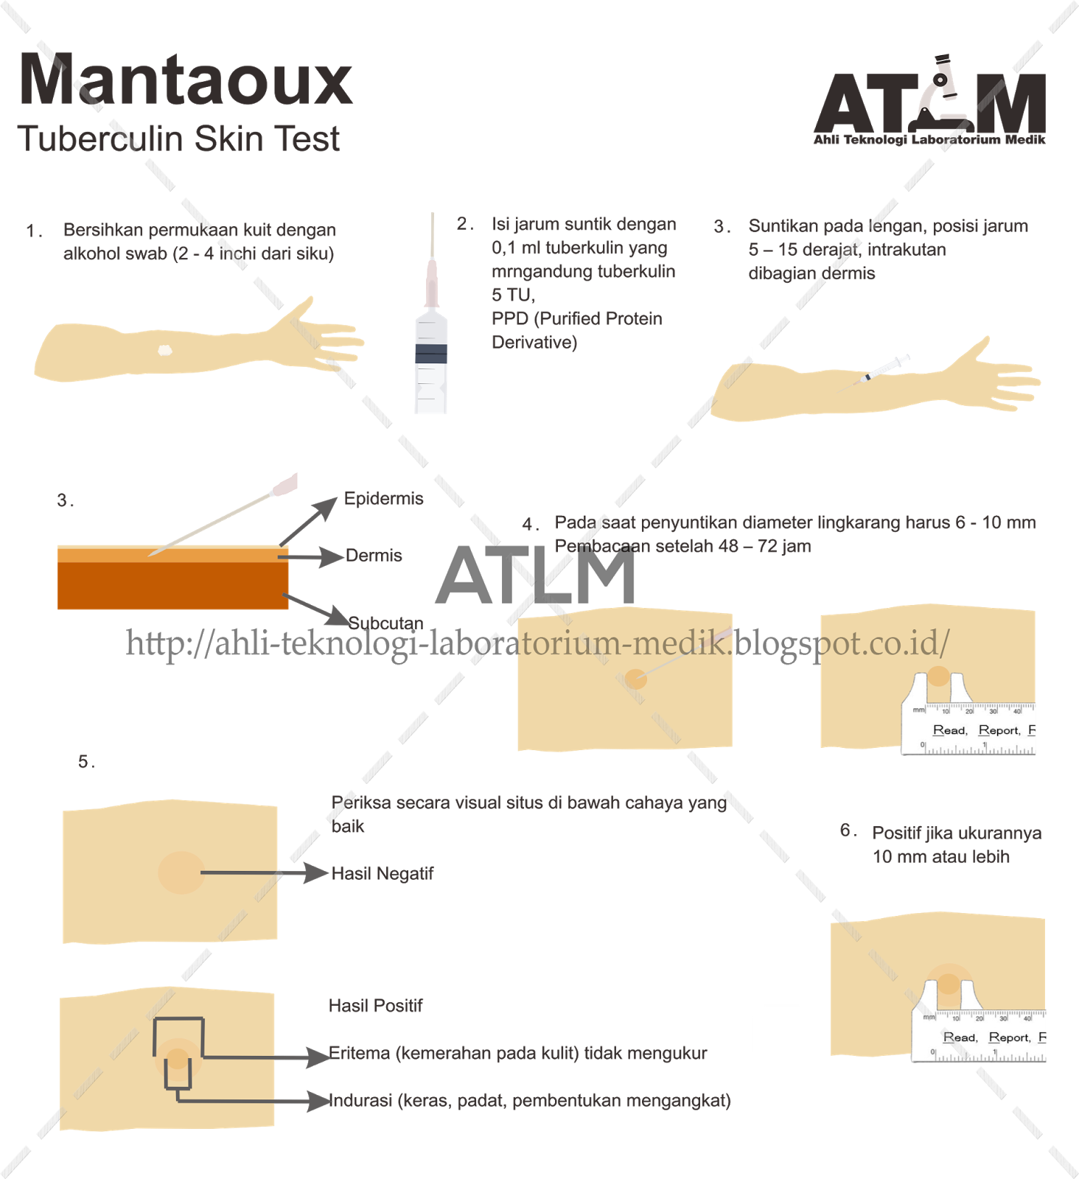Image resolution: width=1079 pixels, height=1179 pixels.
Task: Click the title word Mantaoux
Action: point(186,80)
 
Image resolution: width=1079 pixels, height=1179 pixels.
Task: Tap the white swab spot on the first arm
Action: point(165,351)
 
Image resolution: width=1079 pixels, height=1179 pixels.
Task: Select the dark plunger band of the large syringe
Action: point(431,353)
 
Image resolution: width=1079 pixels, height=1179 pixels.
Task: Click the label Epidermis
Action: point(383,499)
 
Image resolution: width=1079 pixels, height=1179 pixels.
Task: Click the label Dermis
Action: point(374,556)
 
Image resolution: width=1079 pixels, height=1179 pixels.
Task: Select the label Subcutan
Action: point(385,623)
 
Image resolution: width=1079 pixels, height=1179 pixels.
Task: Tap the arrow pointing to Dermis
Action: point(311,556)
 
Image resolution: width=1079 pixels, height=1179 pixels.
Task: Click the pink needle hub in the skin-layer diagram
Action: point(285,484)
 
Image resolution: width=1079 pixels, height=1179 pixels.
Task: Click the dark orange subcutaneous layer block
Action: point(172,586)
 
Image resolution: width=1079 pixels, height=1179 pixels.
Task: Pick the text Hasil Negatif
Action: point(382,873)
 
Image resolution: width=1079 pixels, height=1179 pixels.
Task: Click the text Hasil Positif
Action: point(375,1006)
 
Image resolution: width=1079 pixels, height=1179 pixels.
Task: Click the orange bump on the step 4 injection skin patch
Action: point(635,679)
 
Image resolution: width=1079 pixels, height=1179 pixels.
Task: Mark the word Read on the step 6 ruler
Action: point(960,1038)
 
